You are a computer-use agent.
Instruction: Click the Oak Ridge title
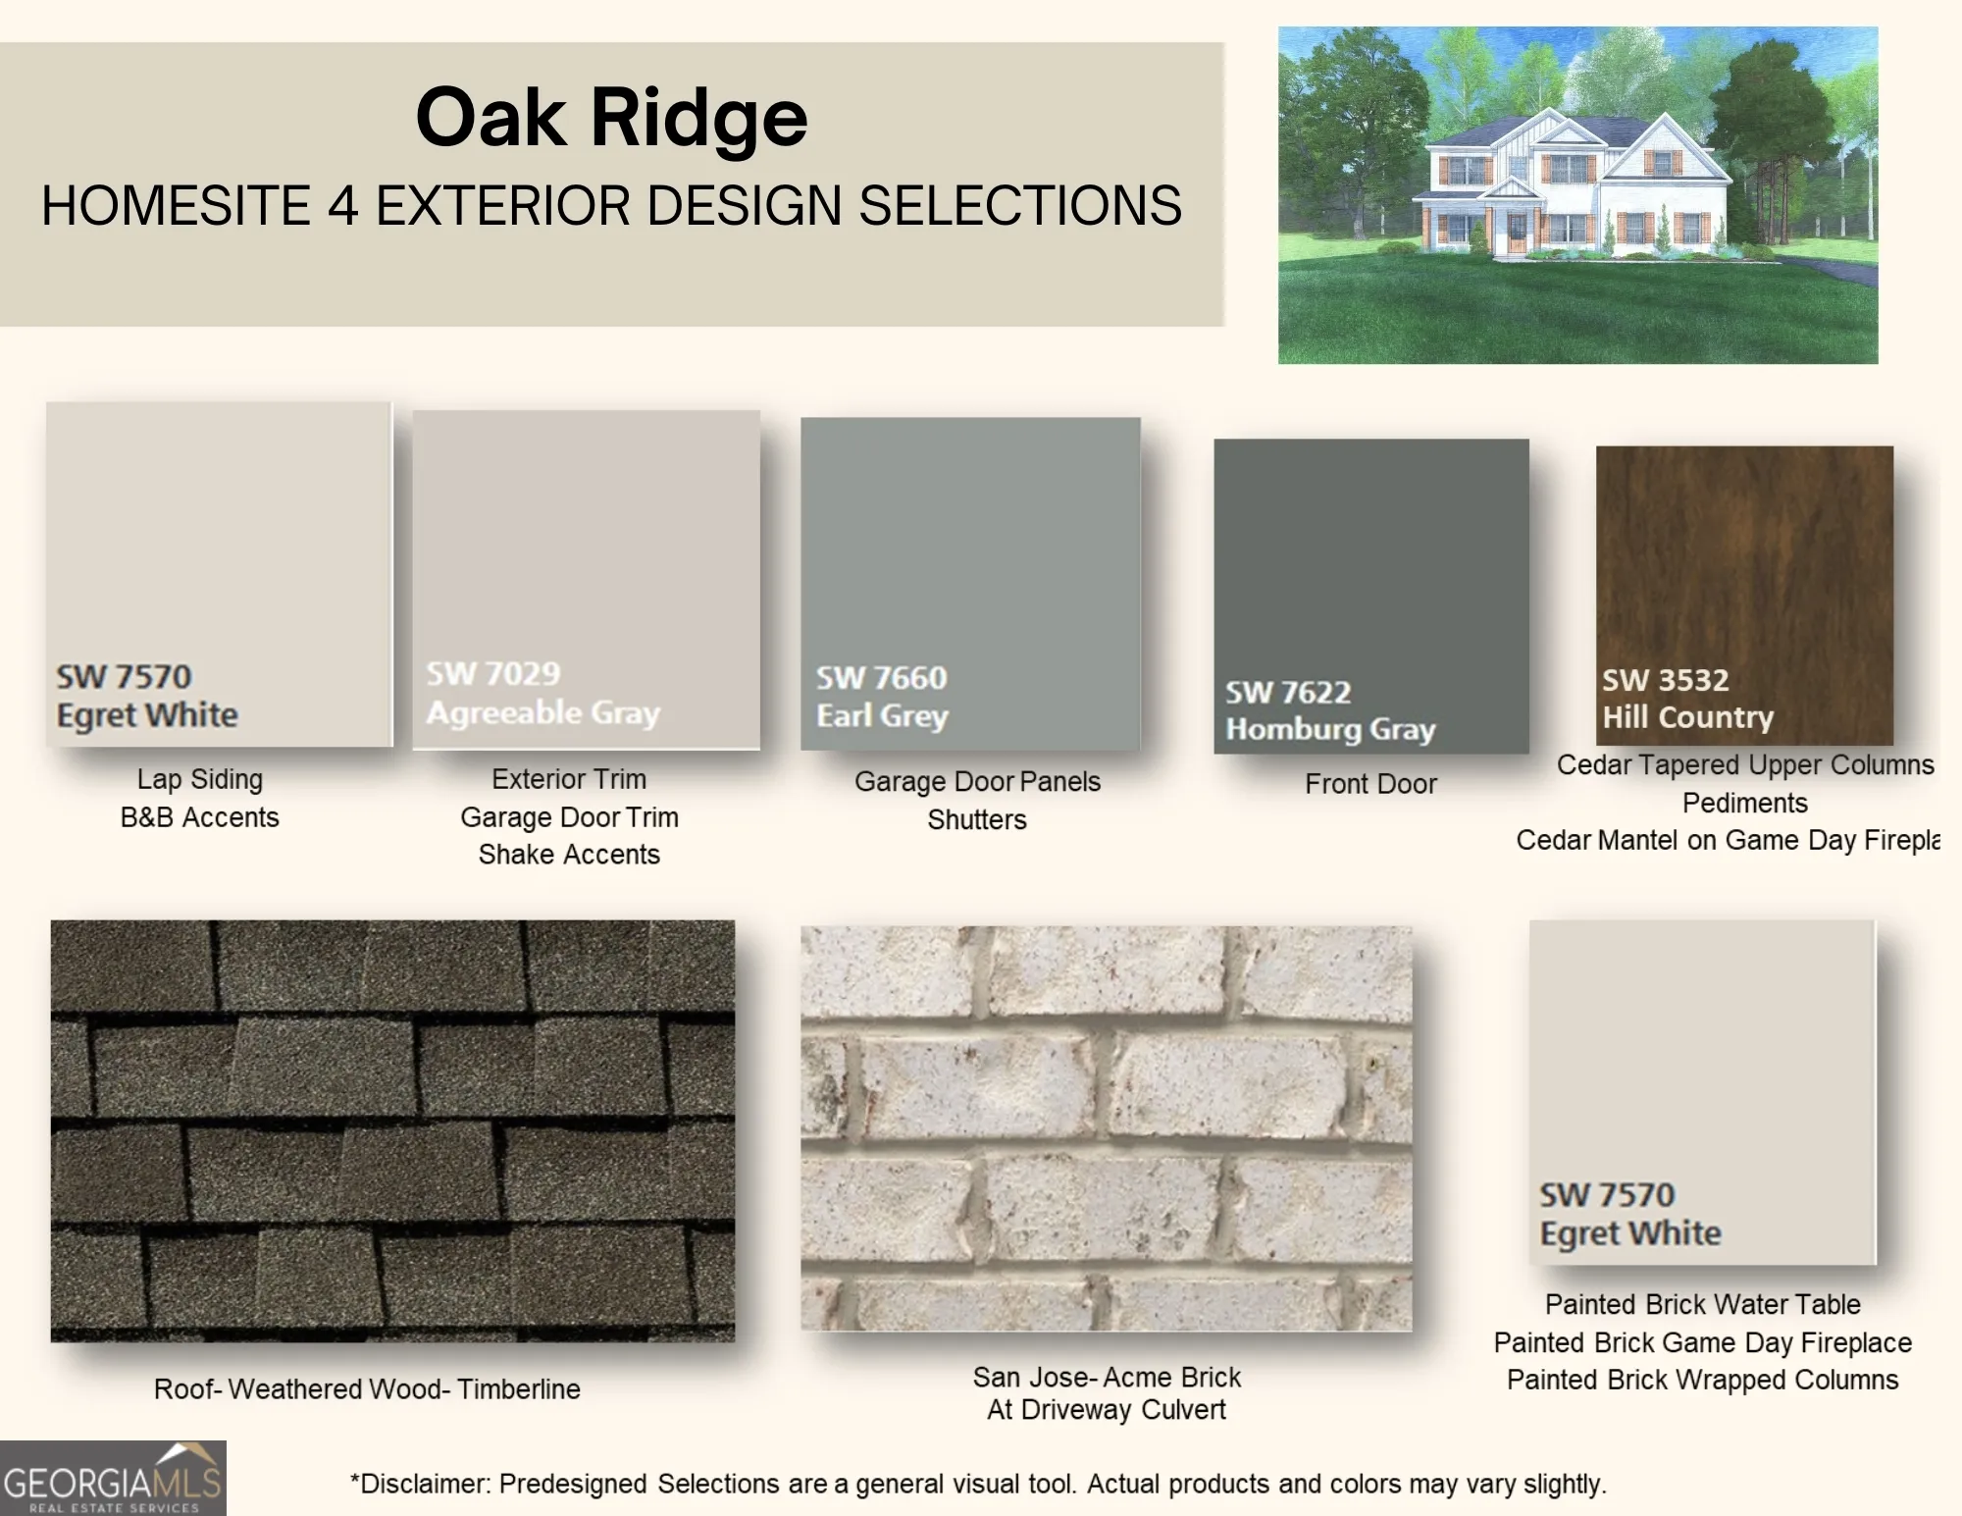611,117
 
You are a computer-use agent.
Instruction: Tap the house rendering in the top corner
1577,195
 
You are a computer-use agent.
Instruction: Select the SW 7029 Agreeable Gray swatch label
542,693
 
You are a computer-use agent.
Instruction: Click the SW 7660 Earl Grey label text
882,696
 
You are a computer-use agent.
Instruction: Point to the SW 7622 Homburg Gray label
1330,710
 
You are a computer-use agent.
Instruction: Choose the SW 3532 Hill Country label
1687,698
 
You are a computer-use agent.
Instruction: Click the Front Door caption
1370,784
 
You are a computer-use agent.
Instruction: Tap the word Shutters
977,820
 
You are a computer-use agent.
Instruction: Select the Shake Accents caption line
569,855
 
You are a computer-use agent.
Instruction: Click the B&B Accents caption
199,817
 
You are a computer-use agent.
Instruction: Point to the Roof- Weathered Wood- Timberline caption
367,1389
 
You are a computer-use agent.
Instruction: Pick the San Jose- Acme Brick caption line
1107,1378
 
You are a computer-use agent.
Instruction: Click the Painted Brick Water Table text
1702,1304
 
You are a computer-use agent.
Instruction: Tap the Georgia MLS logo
113,1478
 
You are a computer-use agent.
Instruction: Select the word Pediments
1744,803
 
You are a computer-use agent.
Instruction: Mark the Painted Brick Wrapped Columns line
1702,1380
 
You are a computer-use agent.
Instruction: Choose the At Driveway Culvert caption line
1107,1410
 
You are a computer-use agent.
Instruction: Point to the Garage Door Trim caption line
569,817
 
